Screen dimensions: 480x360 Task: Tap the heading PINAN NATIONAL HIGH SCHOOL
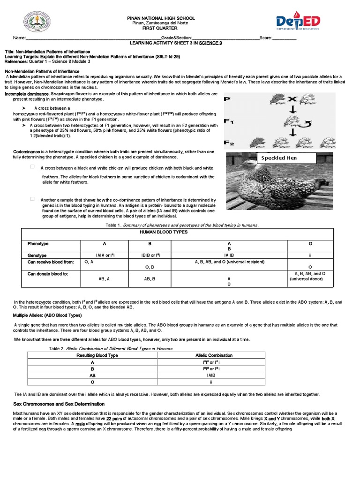[161, 18]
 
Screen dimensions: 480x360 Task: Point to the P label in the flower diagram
[227, 99]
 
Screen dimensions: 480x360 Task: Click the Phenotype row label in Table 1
[38, 244]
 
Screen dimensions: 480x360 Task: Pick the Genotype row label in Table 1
[37, 255]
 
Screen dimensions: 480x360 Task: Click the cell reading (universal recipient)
[229, 262]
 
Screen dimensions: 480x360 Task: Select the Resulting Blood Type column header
[97, 355]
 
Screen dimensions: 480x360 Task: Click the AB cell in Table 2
[92, 375]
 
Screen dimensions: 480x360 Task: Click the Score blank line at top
[285, 38]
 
